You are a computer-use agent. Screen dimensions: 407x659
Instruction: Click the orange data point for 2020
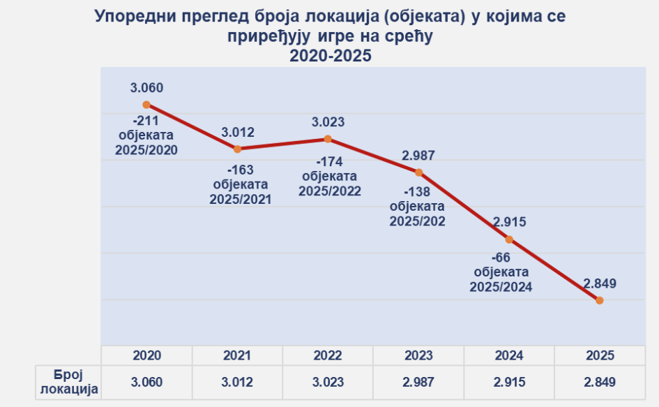pos(146,104)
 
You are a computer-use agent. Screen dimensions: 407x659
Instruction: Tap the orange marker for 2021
pos(237,149)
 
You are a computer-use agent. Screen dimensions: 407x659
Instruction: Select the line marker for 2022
pos(328,139)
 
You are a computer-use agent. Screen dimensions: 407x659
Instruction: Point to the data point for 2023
pos(418,172)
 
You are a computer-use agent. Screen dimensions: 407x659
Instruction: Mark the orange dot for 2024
pos(509,239)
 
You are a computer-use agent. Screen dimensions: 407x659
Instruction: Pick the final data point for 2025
pos(600,300)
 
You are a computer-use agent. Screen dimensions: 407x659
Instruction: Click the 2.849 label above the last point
pos(600,283)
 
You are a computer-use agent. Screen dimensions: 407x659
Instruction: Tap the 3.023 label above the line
pos(328,123)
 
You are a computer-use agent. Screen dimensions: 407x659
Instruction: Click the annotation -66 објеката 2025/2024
pos(501,272)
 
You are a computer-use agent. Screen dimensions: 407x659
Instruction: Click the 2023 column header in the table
pos(418,355)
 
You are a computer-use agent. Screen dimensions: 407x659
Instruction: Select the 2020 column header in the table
pos(146,355)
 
